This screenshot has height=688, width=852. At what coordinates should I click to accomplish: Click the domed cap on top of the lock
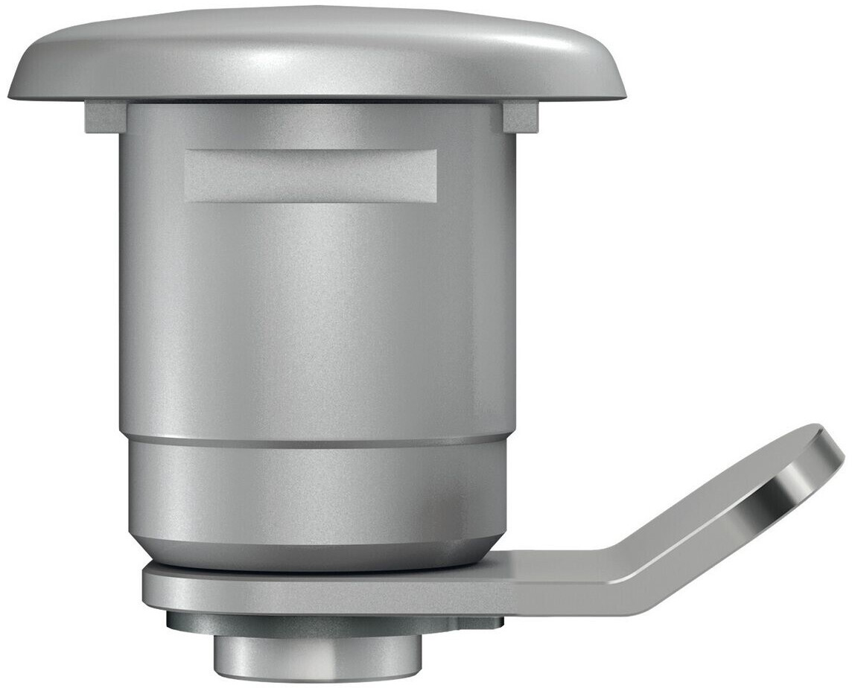tap(317, 52)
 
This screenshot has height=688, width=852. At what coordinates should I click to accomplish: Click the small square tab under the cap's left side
tap(104, 117)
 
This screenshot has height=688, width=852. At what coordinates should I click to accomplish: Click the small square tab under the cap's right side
tap(521, 117)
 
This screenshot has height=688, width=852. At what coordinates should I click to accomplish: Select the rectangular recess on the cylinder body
tap(311, 175)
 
